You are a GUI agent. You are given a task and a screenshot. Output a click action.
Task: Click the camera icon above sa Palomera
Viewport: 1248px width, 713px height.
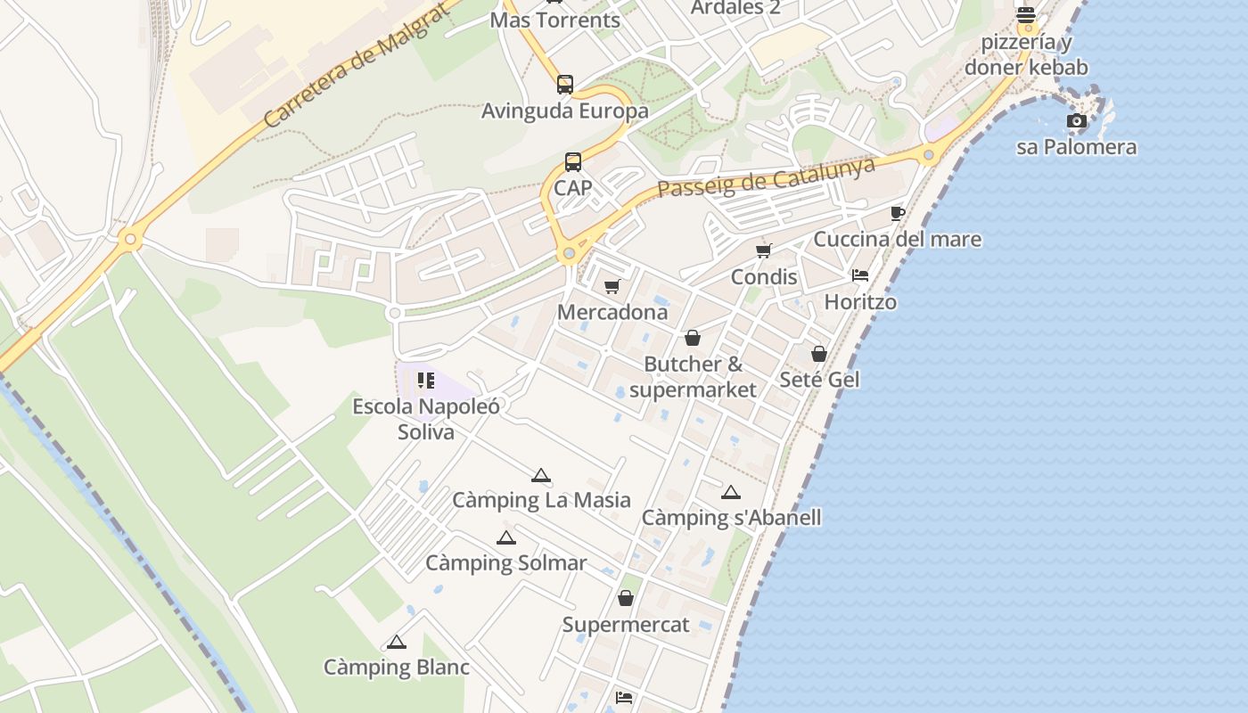point(1077,120)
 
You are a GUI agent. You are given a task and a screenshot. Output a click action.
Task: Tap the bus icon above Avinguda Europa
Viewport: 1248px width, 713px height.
point(565,85)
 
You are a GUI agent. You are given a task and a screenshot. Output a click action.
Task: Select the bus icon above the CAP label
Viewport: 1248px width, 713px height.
point(573,162)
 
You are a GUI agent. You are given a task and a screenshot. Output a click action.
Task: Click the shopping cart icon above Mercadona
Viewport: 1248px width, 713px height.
point(612,286)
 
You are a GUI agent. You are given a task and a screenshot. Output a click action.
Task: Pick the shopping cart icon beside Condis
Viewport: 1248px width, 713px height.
point(764,250)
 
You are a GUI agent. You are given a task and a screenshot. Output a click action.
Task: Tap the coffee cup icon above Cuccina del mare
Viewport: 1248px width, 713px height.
point(898,213)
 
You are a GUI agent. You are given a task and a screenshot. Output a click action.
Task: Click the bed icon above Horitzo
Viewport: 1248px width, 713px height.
point(860,275)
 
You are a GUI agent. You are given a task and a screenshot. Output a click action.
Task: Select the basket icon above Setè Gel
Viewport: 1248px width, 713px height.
point(819,354)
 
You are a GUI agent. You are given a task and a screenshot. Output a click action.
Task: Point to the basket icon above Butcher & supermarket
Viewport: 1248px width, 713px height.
point(693,338)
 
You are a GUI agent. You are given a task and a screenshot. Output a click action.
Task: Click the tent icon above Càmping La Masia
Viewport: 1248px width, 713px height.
point(540,475)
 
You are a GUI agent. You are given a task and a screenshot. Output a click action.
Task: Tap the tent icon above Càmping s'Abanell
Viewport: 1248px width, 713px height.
point(731,492)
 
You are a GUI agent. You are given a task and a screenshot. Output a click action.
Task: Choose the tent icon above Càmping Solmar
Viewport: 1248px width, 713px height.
point(506,537)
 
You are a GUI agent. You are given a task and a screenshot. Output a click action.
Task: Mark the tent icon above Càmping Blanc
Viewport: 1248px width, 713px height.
point(397,642)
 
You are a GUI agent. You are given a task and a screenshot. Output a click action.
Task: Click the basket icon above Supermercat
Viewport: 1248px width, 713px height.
point(626,598)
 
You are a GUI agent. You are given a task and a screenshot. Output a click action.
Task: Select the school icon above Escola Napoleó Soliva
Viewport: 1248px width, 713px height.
point(426,381)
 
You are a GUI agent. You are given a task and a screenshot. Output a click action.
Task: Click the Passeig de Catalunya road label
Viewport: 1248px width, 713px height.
point(766,176)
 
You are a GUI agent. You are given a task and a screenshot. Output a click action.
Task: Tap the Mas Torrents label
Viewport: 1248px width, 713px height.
point(554,20)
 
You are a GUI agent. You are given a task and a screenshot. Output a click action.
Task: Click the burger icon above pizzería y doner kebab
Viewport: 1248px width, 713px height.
point(1026,15)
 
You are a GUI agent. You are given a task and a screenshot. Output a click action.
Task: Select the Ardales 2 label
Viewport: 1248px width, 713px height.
point(736,8)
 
